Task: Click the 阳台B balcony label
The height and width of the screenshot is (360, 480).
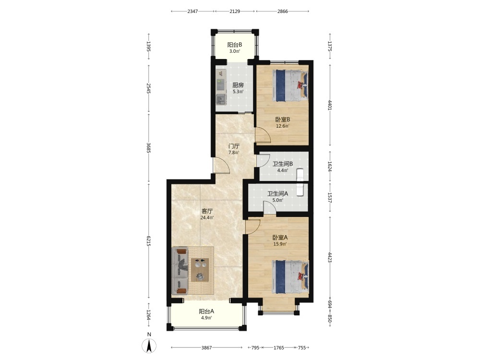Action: click(x=235, y=45)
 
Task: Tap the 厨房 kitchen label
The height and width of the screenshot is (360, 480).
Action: click(x=238, y=85)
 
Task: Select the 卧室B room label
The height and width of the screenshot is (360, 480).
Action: click(x=283, y=120)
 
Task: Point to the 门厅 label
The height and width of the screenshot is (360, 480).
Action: click(x=234, y=146)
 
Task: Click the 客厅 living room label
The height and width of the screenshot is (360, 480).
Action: click(x=207, y=211)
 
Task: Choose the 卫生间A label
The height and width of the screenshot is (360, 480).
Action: click(x=277, y=194)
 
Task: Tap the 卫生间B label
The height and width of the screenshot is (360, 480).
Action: click(x=283, y=164)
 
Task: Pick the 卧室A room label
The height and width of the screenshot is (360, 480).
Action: click(x=280, y=238)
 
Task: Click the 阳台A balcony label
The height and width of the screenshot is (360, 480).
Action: click(x=206, y=312)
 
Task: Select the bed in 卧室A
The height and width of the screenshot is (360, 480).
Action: click(x=290, y=276)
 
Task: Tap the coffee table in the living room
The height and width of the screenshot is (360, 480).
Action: click(x=200, y=270)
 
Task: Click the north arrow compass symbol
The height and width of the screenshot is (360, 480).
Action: click(x=149, y=346)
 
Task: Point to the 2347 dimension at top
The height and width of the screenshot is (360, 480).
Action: click(x=192, y=12)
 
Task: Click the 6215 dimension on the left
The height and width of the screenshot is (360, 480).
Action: click(x=148, y=241)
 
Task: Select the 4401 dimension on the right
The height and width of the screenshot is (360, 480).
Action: click(x=330, y=105)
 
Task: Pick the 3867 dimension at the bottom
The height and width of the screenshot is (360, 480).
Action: click(x=206, y=348)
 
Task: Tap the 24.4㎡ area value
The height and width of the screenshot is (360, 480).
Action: click(x=207, y=218)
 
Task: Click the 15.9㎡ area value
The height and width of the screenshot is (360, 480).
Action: click(x=280, y=244)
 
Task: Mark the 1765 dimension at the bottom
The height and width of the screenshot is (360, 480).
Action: click(x=278, y=348)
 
